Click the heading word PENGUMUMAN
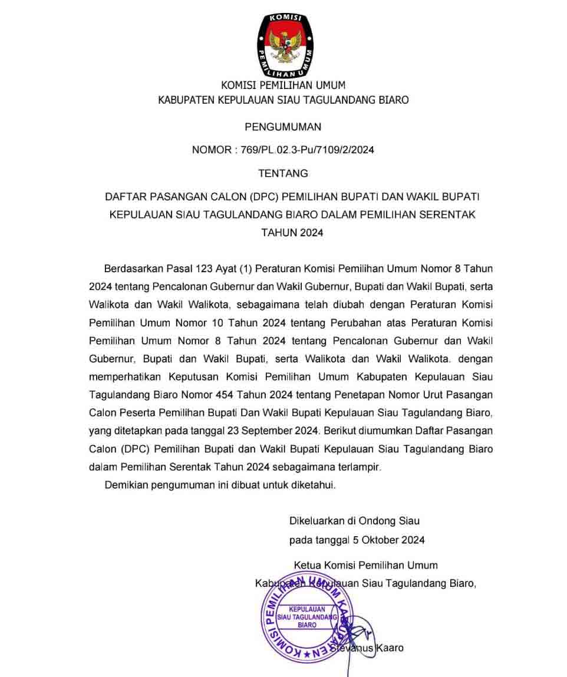click(283, 127)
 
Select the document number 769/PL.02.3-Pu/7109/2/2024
click(307, 150)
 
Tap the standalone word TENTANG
click(283, 173)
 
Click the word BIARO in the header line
click(391, 100)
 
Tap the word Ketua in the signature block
click(306, 565)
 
